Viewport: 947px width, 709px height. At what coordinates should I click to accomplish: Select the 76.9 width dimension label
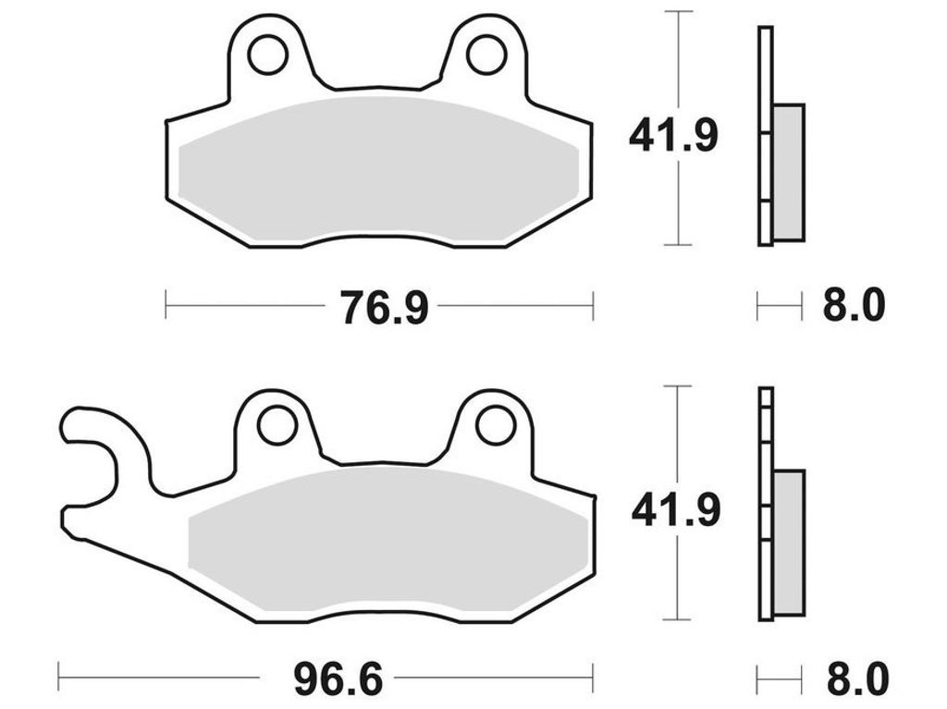384,307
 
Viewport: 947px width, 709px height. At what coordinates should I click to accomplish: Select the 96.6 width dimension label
338,678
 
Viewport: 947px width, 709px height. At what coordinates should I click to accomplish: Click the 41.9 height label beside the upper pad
673,136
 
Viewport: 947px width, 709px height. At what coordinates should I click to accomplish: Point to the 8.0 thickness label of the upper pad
854,306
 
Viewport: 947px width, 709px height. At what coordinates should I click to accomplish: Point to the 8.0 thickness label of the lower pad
857,678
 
